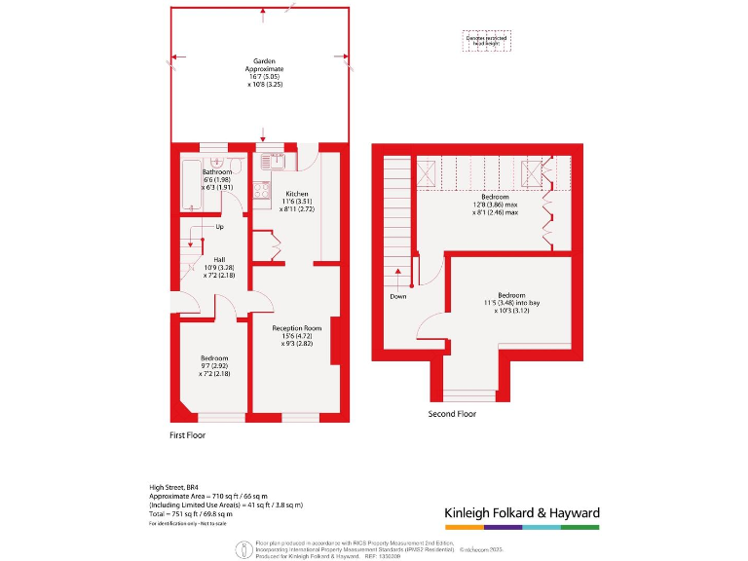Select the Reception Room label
pyautogui.click(x=296, y=329)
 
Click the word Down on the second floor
pyautogui.click(x=397, y=296)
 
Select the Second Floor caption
pyautogui.click(x=452, y=414)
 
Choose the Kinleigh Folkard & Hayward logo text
pyautogui.click(x=521, y=512)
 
